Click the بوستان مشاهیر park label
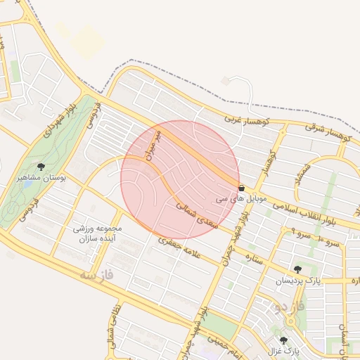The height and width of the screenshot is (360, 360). click(x=41, y=179)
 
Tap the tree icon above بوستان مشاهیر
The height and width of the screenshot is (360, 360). click(x=41, y=167)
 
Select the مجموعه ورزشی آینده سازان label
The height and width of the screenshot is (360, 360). click(x=98, y=234)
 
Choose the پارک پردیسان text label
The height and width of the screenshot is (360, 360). click(x=297, y=281)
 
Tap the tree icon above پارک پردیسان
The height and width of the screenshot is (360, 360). click(x=297, y=269)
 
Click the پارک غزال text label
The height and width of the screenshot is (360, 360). click(x=283, y=350)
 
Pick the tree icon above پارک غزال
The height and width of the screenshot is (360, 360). click(x=283, y=340)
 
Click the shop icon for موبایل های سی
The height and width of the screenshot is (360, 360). click(x=242, y=188)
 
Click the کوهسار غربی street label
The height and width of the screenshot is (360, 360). click(x=243, y=120)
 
